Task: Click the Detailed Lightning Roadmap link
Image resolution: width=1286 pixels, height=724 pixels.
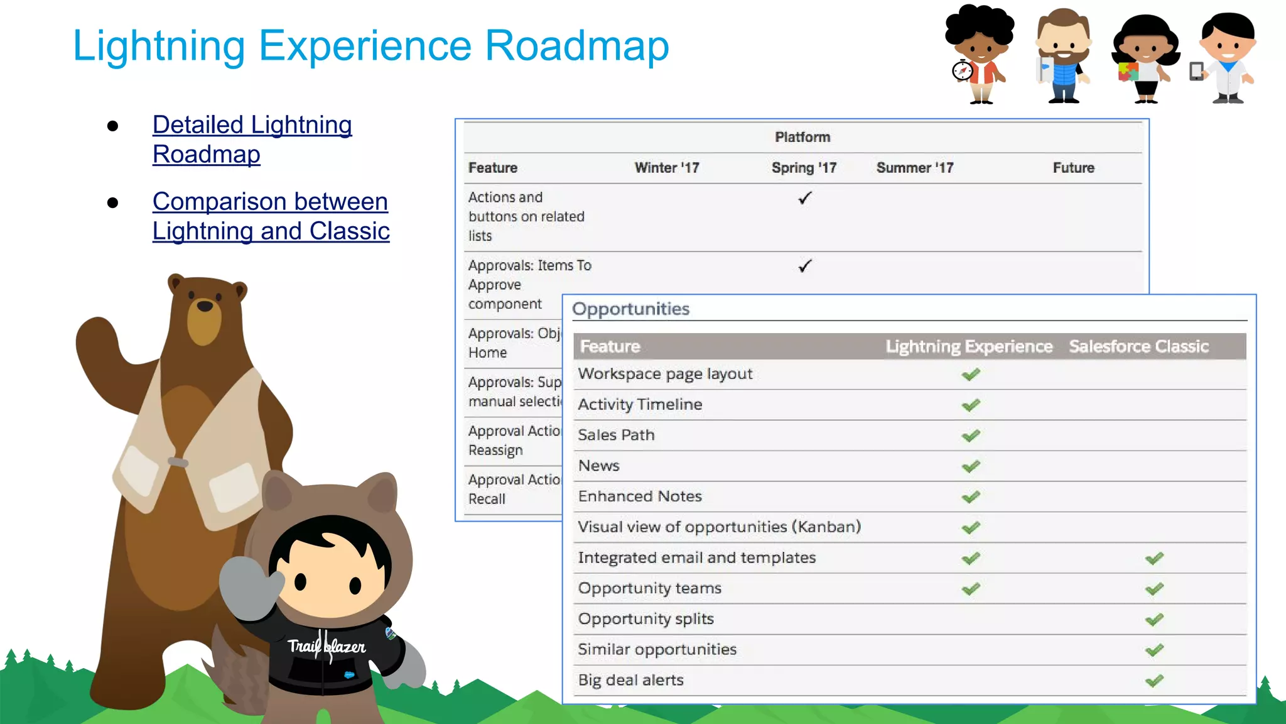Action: point(252,139)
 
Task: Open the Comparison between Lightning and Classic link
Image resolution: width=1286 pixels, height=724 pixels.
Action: point(271,216)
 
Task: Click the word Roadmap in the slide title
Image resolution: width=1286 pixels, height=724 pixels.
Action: point(576,46)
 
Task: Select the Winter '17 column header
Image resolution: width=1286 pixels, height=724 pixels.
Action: point(666,168)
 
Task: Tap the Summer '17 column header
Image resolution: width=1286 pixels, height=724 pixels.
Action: point(914,168)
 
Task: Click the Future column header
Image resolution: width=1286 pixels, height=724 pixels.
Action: point(1073,168)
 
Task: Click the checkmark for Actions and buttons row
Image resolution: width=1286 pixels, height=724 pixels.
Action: point(804,199)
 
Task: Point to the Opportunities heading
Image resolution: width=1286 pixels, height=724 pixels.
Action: point(630,309)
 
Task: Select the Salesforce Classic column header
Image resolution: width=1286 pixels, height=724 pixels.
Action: point(1138,346)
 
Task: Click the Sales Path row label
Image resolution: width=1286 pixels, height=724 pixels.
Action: point(616,435)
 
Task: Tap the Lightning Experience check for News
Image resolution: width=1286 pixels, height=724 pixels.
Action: point(971,466)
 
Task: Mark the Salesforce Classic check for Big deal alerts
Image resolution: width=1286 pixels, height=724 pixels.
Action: point(1154,681)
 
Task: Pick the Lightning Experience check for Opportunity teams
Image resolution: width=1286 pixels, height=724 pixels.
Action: point(971,589)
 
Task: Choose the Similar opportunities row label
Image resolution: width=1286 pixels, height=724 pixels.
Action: point(657,649)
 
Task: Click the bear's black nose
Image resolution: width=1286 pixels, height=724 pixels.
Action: point(205,306)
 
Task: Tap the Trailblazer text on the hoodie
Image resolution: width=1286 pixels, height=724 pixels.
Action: point(327,646)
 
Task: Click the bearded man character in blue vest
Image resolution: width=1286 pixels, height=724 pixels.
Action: point(1062,55)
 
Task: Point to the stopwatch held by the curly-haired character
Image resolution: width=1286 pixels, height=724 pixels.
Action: point(962,70)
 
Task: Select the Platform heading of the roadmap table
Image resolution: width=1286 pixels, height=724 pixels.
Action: point(802,137)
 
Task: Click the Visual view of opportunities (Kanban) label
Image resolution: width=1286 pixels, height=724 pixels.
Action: point(719,527)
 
